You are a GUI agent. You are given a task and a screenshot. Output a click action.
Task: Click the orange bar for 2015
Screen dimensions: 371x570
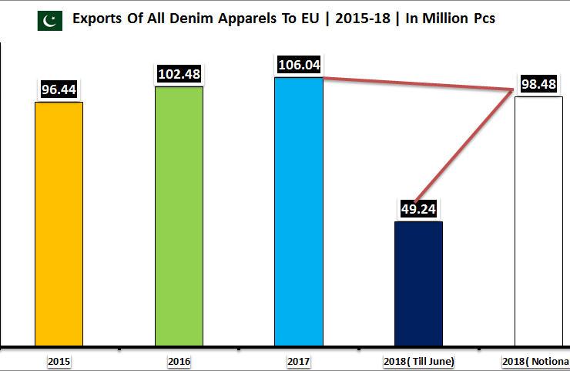(59, 224)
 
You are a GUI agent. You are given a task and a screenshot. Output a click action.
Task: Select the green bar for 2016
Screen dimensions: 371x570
(179, 216)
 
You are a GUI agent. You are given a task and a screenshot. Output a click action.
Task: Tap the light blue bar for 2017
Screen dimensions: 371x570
(299, 211)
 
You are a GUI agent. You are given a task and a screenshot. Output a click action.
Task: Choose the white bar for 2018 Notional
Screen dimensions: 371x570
(538, 221)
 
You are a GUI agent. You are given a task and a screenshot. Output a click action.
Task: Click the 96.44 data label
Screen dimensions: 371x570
(59, 89)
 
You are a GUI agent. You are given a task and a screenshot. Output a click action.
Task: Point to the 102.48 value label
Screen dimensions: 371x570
(179, 74)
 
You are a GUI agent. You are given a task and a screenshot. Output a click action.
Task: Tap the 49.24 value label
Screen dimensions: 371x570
(418, 209)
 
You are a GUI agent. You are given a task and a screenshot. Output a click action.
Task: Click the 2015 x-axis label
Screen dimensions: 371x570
(59, 360)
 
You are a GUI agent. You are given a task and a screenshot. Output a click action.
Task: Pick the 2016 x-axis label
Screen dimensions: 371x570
(179, 360)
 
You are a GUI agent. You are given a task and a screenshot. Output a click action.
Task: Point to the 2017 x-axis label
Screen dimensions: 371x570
(299, 360)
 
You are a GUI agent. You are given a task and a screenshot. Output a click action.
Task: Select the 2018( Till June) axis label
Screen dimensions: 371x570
(418, 360)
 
